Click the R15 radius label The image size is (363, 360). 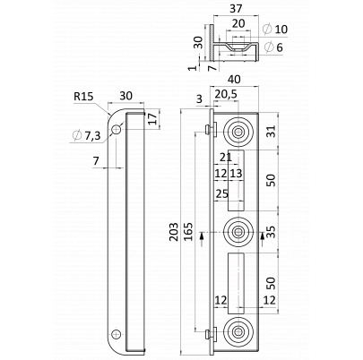pos(83,97)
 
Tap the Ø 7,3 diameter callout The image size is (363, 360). pos(86,136)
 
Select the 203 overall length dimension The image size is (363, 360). pos(174,232)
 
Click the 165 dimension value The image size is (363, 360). pos(188,232)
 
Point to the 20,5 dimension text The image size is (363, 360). pos(226,94)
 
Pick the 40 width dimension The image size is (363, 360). pos(234,80)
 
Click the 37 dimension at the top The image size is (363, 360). pos(236,9)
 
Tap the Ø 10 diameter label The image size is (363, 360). pos(275,30)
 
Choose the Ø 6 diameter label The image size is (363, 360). pos(273,47)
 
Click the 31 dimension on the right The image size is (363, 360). pos(271,131)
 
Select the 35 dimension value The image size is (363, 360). pos(271,232)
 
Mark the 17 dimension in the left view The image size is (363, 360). pos(152,119)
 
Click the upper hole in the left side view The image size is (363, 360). pos(117,130)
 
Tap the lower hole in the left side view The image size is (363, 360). pos(117,334)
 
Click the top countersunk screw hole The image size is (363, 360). pos(238,132)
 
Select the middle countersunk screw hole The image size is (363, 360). pos(238,232)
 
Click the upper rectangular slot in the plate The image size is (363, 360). pos(236,180)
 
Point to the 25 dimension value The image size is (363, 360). pos(222,194)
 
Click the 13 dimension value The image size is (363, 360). pos(236,174)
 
